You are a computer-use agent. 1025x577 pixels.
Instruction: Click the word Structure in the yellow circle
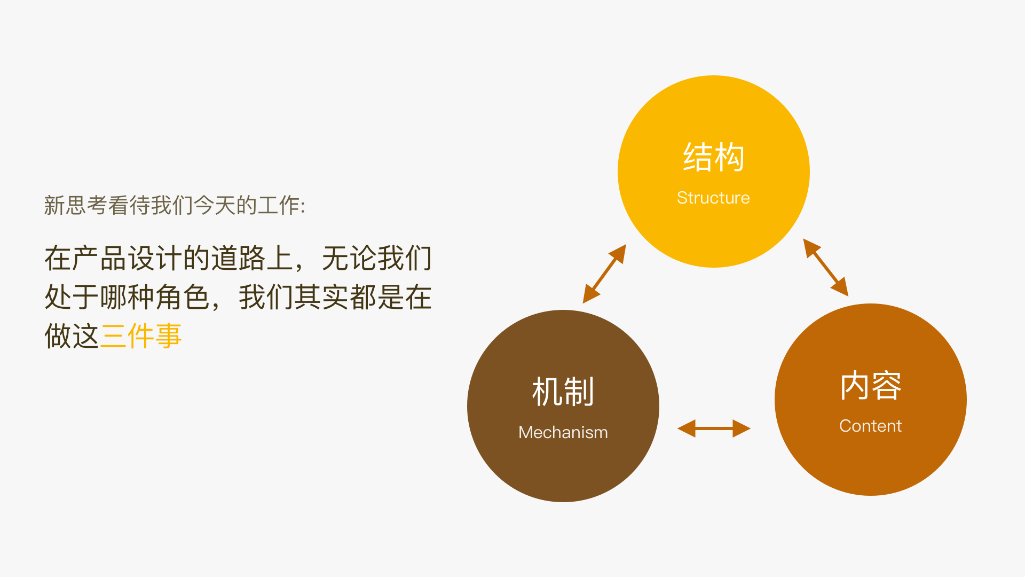click(x=713, y=198)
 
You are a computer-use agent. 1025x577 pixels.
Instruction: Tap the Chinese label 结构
click(x=713, y=157)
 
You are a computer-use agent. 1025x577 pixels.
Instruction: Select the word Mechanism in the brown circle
click(x=563, y=432)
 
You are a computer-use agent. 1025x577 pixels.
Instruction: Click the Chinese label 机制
click(x=563, y=392)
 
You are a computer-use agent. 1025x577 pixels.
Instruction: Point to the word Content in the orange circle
click(x=870, y=426)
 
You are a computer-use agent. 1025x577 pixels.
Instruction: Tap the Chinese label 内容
click(x=870, y=385)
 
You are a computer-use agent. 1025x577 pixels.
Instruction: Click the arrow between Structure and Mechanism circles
click(x=604, y=274)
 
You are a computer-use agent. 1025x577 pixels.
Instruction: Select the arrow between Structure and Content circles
click(x=826, y=267)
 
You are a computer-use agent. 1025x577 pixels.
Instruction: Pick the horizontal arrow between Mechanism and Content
click(x=714, y=428)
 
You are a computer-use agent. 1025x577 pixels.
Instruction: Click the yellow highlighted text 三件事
click(x=141, y=336)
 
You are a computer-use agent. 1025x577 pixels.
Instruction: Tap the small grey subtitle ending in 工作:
click(x=174, y=205)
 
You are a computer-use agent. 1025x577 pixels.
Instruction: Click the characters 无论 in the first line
click(x=349, y=259)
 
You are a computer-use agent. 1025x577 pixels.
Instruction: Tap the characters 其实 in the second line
click(x=321, y=298)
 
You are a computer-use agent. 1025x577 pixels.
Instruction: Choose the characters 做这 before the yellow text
click(x=72, y=336)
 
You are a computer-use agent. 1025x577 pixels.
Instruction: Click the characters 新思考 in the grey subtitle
click(x=75, y=205)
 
